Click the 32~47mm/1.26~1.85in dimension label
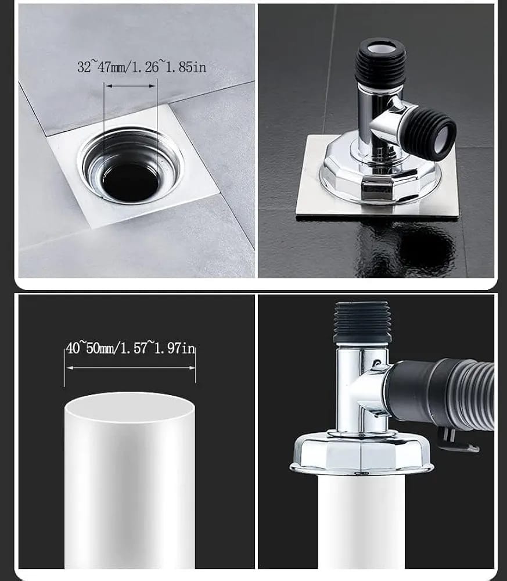(x=142, y=67)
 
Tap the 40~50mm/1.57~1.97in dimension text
(x=130, y=348)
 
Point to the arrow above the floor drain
(x=130, y=86)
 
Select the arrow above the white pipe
(x=130, y=368)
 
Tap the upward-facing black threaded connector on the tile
(x=380, y=60)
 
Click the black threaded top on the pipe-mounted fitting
(x=362, y=322)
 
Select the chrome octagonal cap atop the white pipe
(x=361, y=453)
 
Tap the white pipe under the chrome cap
(x=361, y=522)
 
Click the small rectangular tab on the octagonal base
(x=377, y=189)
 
